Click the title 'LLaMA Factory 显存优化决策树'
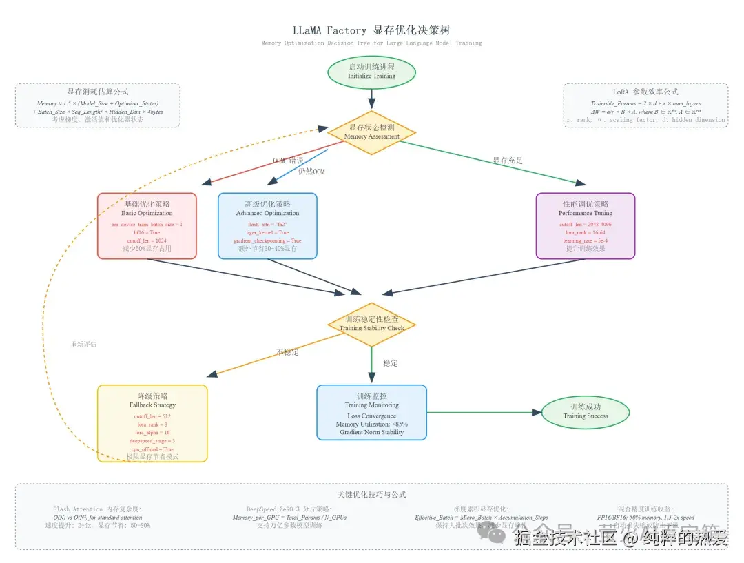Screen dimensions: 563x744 [371, 30]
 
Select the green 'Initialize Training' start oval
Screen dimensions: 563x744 [371, 72]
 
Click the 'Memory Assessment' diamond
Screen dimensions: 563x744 [371, 132]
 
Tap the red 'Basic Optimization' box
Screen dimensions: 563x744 [147, 226]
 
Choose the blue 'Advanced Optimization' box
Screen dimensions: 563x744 [267, 226]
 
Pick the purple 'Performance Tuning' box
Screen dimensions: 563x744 [585, 226]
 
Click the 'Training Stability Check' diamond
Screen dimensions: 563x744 [371, 324]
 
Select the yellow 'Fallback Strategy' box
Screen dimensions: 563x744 [152, 422]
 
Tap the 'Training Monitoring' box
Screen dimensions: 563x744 [371, 412]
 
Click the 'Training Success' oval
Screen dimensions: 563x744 [585, 411]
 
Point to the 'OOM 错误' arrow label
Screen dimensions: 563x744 [287, 161]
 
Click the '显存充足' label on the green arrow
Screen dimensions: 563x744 [508, 161]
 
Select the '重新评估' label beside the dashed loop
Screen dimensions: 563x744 [83, 344]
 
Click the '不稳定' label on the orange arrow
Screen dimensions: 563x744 [288, 352]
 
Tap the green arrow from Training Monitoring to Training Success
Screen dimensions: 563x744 [482, 412]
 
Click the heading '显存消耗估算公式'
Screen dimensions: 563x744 [97, 92]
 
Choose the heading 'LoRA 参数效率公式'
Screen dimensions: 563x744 [645, 92]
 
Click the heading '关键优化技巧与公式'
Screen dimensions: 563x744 [371, 494]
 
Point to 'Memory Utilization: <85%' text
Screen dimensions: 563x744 [371, 424]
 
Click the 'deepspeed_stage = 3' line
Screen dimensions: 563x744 [152, 440]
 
